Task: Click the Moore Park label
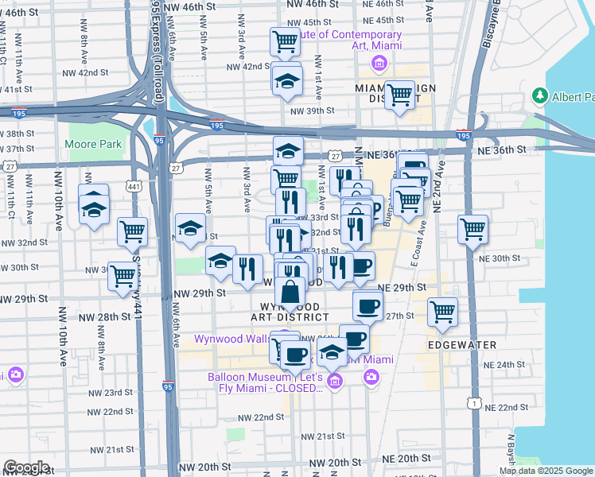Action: pos(94,144)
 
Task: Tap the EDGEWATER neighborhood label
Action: pos(462,344)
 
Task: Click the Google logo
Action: pos(26,467)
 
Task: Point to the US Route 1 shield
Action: pos(475,405)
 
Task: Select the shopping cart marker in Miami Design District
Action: pos(399,95)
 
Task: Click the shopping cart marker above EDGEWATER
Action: pos(443,311)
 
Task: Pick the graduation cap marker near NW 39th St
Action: pos(287,80)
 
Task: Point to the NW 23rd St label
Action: pos(111,393)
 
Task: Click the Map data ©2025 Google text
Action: pos(546,471)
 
